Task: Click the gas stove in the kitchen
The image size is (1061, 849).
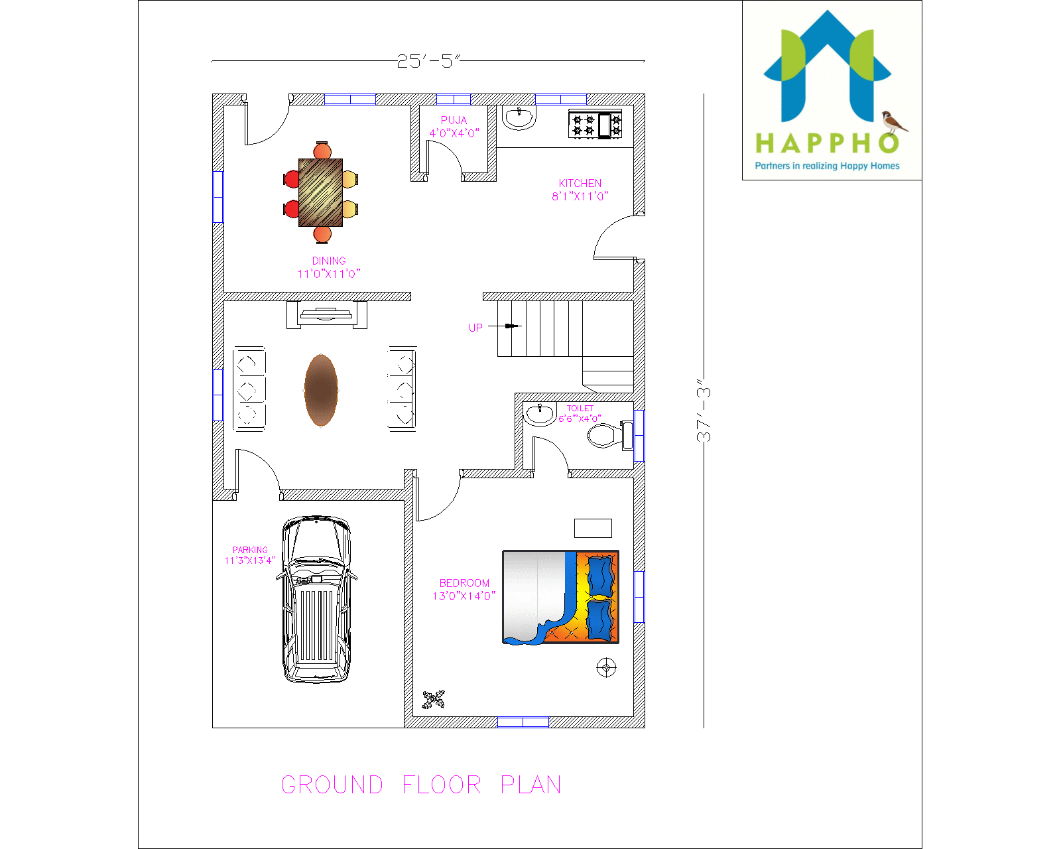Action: point(595,125)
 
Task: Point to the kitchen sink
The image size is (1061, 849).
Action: point(519,119)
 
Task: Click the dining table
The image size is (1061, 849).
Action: point(321,192)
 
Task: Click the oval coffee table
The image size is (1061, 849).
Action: point(321,391)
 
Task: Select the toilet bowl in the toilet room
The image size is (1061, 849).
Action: point(605,436)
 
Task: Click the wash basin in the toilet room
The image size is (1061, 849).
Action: point(540,415)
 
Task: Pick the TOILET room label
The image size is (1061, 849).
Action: point(580,409)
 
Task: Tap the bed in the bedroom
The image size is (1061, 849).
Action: point(560,597)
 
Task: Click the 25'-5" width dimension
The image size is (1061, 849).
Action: point(428,61)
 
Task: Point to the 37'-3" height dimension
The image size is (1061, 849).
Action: point(704,411)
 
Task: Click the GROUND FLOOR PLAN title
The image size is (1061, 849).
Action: point(421,785)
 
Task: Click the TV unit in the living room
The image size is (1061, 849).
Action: point(327,314)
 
